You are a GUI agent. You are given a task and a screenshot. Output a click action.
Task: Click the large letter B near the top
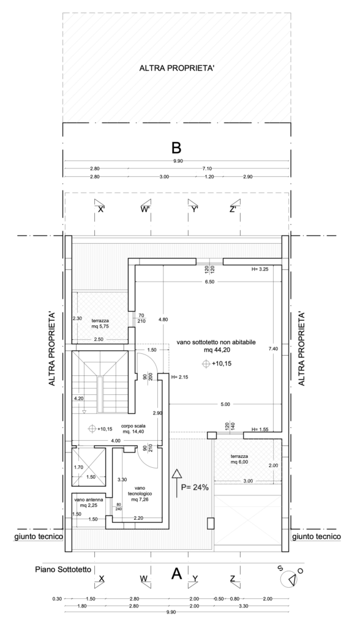(176, 148)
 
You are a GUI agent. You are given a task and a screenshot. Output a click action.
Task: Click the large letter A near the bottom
(176, 574)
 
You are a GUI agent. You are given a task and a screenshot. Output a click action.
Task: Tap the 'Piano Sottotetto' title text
(63, 569)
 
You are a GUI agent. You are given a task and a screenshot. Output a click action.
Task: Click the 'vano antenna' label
(88, 500)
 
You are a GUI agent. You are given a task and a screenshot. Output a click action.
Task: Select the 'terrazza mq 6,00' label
(239, 459)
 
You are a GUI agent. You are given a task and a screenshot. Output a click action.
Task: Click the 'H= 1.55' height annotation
(260, 429)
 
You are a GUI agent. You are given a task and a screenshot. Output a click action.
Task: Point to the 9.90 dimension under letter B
(176, 161)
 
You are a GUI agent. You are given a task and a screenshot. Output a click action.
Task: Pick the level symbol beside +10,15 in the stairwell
(92, 429)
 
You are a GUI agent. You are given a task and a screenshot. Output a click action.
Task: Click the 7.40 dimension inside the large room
(273, 348)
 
